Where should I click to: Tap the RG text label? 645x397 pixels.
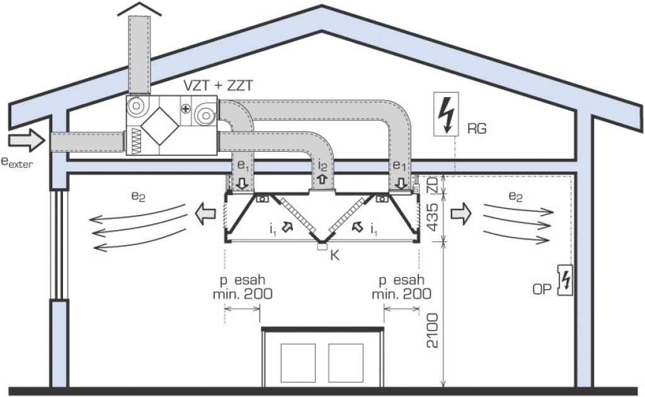tap(477, 129)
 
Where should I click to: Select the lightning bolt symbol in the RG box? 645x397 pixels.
tap(447, 115)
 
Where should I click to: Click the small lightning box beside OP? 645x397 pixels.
tap(565, 280)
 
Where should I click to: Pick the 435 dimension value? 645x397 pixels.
tap(432, 216)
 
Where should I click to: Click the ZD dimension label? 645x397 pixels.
tap(432, 185)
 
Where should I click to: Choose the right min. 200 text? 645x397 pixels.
tap(401, 294)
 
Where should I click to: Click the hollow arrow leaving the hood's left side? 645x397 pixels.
tap(203, 213)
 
